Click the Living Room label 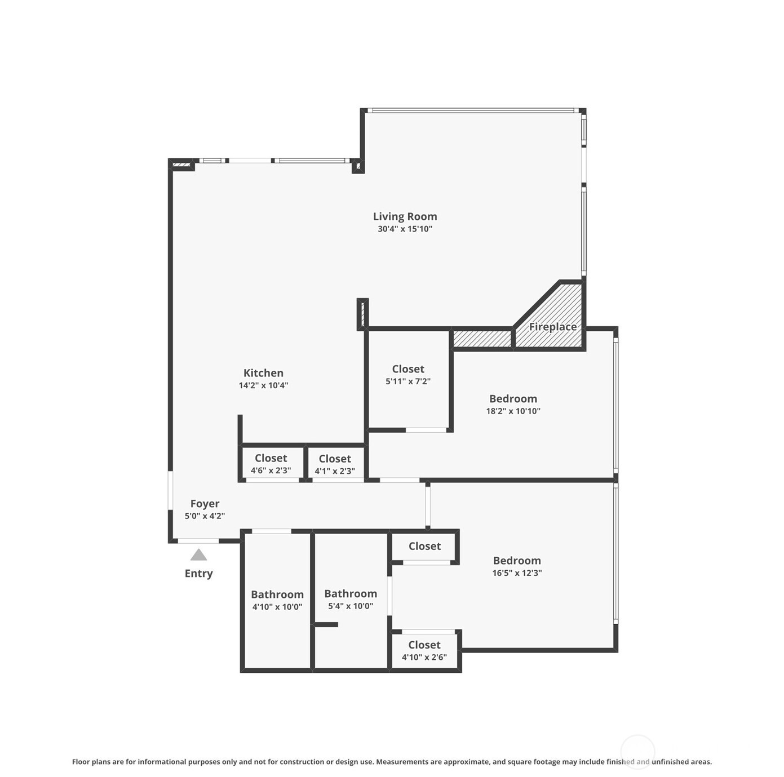405,216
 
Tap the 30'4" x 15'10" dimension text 405,229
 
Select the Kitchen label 263,373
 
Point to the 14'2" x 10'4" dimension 263,385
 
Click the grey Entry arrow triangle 198,556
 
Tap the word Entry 198,574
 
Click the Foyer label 205,504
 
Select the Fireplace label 552,327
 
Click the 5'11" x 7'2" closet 408,375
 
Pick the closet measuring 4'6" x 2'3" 271,464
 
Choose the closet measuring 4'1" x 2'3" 335,464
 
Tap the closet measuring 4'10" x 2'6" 424,650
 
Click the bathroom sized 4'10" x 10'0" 277,600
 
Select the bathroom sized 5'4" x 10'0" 351,600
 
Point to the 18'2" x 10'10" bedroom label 513,405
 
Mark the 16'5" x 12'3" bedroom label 517,566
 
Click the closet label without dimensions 424,547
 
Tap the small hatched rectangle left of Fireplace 482,339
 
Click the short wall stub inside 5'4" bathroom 326,624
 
